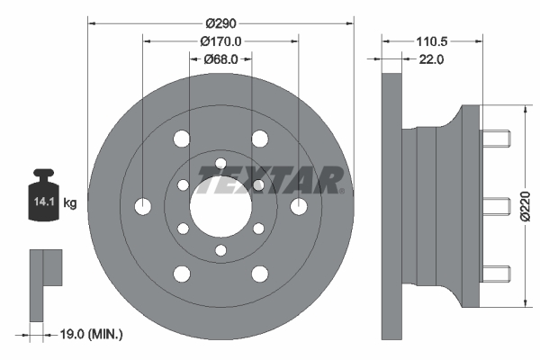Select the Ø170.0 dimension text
221,40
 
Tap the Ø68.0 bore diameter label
220,59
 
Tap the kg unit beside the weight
70,204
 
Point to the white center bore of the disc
220,205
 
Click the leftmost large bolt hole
142,206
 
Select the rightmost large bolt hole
299,206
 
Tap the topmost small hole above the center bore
220,163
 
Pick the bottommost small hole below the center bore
220,249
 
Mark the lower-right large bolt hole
260,274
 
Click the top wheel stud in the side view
496,139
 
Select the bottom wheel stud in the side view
496,271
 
